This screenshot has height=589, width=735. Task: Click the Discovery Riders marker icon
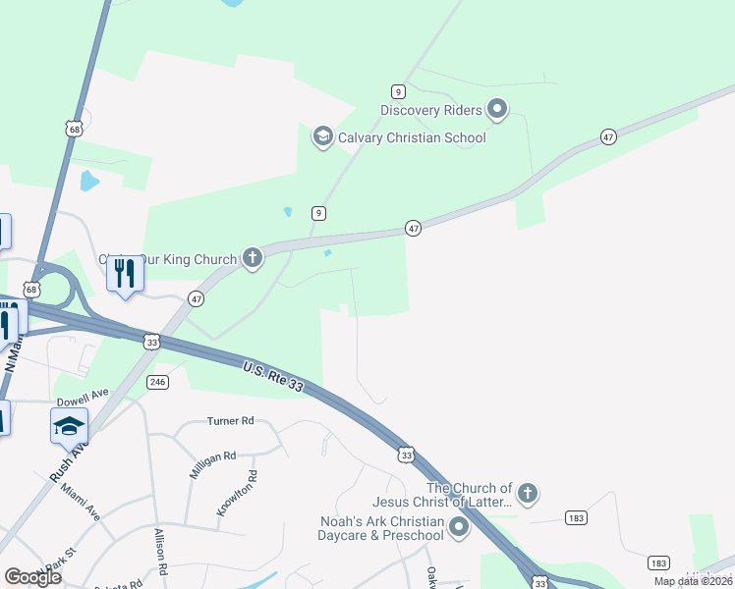pyautogui.click(x=497, y=109)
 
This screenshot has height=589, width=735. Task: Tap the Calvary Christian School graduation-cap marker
pyautogui.click(x=322, y=136)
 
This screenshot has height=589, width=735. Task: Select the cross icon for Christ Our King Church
pyautogui.click(x=253, y=259)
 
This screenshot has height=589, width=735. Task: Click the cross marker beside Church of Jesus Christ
pyautogui.click(x=528, y=494)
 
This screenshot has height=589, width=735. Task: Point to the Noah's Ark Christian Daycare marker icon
pyautogui.click(x=458, y=528)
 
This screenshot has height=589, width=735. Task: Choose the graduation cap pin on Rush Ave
pyautogui.click(x=69, y=426)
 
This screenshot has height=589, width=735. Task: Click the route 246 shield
pyautogui.click(x=157, y=381)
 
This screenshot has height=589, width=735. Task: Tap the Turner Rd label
pyautogui.click(x=230, y=421)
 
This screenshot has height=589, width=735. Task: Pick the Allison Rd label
pyautogui.click(x=160, y=553)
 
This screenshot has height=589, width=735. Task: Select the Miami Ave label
pyautogui.click(x=81, y=501)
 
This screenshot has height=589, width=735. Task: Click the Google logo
pyautogui.click(x=32, y=577)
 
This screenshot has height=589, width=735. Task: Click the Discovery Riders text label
pyautogui.click(x=431, y=109)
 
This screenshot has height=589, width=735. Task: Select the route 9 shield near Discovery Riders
pyautogui.click(x=398, y=91)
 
